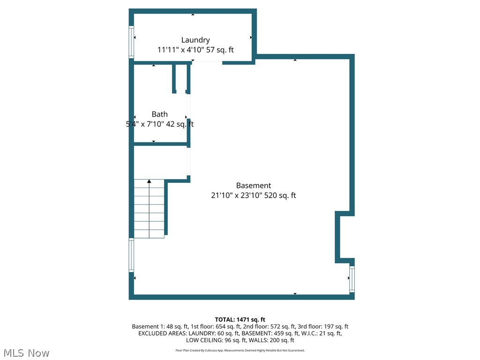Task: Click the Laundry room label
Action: tap(195, 40)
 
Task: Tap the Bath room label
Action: tap(159, 114)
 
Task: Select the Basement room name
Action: tap(253, 186)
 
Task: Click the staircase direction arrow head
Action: tap(149, 181)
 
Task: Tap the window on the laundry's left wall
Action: tap(132, 42)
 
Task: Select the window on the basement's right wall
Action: tap(352, 279)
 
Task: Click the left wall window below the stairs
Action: tap(132, 255)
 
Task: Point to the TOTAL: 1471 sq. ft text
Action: tap(240, 320)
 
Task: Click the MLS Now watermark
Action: tap(26, 352)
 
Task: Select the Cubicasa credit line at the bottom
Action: tap(240, 350)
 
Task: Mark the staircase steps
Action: tap(149, 211)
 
